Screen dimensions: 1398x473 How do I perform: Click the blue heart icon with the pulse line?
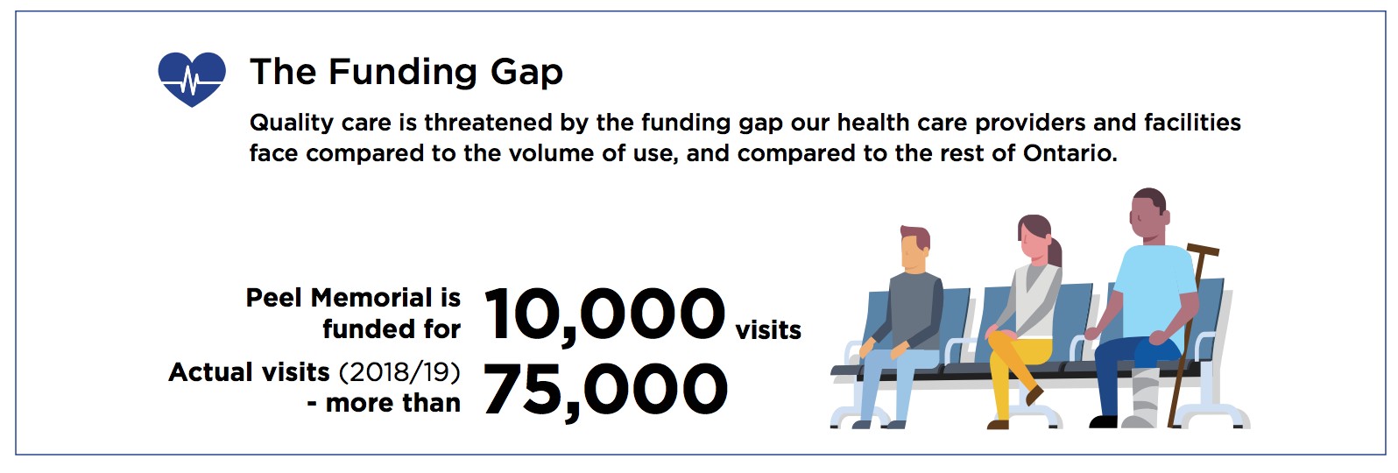click(192, 79)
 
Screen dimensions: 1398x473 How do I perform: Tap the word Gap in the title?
click(526, 73)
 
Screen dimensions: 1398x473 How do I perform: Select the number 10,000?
click(604, 314)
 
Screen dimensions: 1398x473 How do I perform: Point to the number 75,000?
click(605, 390)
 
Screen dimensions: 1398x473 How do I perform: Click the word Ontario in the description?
click(1070, 153)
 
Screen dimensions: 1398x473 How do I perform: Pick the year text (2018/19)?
click(399, 372)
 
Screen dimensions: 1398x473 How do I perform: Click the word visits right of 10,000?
click(768, 330)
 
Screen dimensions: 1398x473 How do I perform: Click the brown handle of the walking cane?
click(1203, 251)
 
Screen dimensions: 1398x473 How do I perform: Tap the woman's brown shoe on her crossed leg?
click(1034, 395)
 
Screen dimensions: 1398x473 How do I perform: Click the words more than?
click(393, 404)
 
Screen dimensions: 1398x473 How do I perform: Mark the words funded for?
click(392, 329)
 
